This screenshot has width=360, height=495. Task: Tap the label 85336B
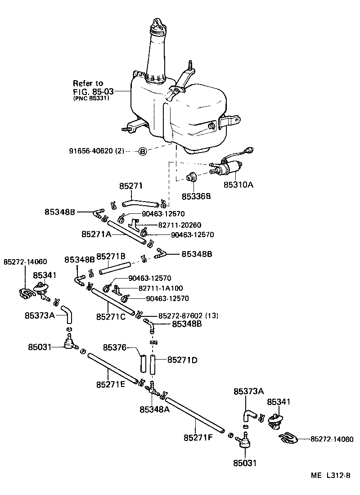(x=197, y=197)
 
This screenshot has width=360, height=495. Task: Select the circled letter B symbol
(x=142, y=152)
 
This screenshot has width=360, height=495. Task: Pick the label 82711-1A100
(x=166, y=288)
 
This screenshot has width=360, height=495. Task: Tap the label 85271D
(x=182, y=360)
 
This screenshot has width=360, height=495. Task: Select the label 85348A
(x=155, y=409)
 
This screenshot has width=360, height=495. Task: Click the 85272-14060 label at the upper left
(x=25, y=262)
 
